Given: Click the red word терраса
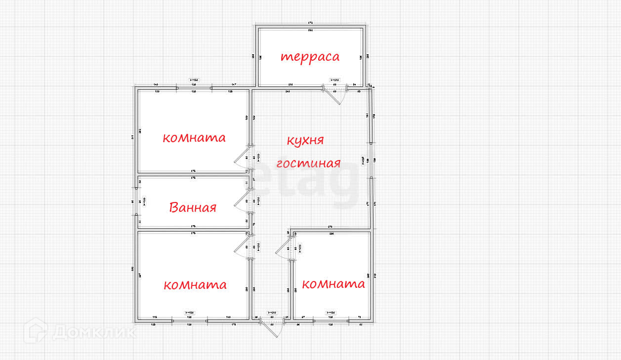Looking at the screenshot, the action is coord(310,57).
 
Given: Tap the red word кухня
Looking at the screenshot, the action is coord(305,140).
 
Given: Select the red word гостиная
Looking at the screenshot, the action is coord(308,163).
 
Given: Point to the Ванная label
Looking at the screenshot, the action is coord(193,207).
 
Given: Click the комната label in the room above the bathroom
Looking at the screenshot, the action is coord(194,138).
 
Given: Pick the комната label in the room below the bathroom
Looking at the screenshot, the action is coord(195,285).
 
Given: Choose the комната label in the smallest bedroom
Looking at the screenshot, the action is coord(333,284).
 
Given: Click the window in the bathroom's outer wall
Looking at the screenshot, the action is coord(136,201).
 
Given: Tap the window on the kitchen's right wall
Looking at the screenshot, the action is coord(370,160).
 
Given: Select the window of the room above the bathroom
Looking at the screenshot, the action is coord(194,88).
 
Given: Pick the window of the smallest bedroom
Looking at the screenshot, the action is coord(331,320).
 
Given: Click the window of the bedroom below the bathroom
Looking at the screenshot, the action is coord(189,320).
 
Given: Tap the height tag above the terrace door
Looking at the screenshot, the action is coord(334,80).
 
